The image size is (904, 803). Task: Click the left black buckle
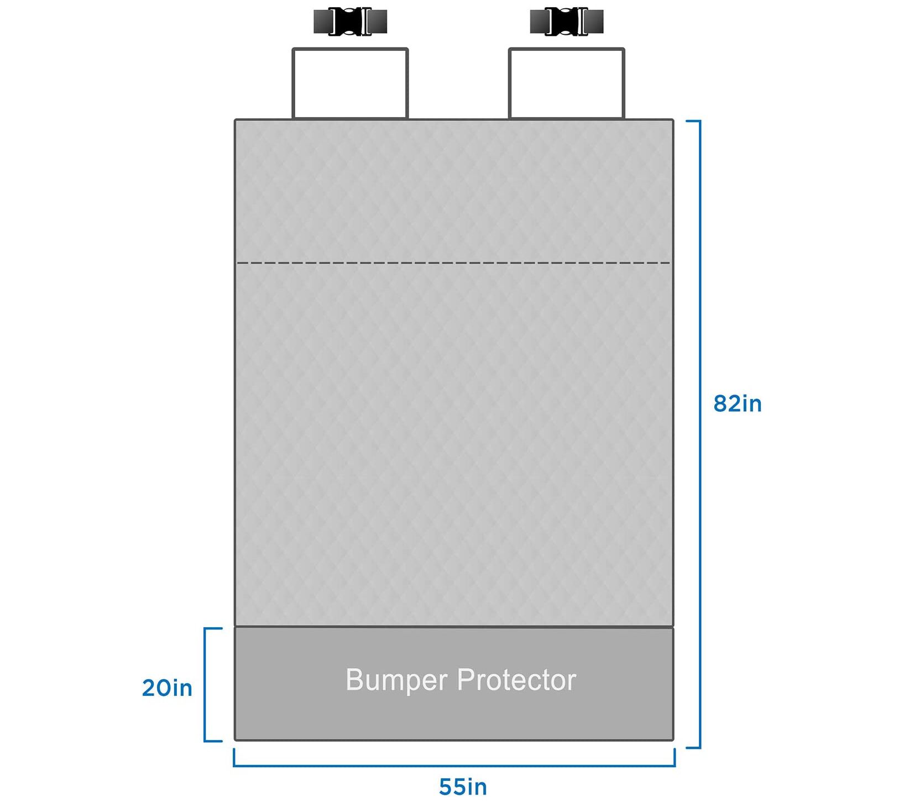350,22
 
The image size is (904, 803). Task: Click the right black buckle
566,22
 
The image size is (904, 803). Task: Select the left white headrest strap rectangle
350,83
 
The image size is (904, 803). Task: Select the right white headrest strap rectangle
566,83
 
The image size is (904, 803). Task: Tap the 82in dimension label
737,404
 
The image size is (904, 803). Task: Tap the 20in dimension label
167,688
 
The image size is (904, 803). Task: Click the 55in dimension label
463,786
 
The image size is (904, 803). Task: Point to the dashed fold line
453,263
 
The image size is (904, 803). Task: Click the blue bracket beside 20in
205,685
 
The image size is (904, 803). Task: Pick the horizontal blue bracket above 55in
453,765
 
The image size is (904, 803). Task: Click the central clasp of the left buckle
350,22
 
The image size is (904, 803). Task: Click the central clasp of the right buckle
566,22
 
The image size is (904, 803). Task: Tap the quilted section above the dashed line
453,191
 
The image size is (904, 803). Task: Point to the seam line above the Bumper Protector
453,627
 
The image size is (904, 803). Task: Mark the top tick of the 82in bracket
693,121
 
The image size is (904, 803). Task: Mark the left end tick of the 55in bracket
234,757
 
